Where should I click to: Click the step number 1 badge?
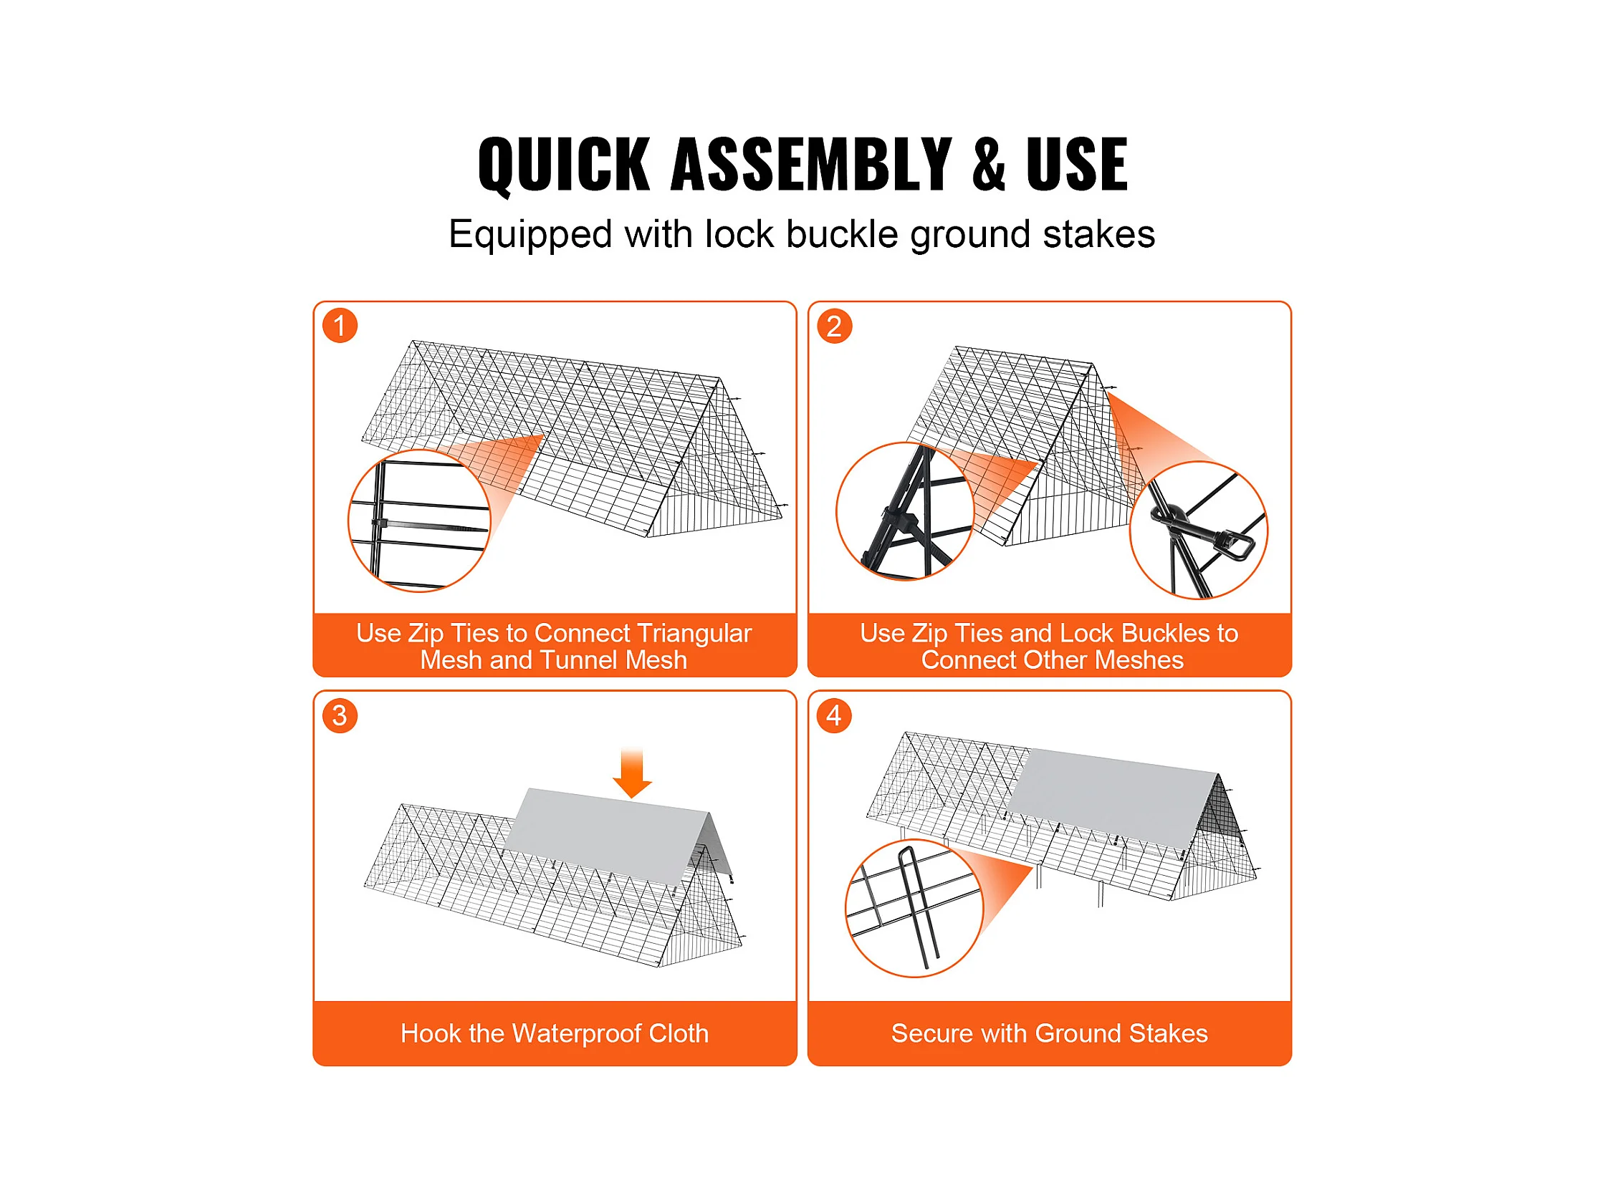pyautogui.click(x=340, y=326)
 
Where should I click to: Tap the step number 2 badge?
pyautogui.click(x=835, y=327)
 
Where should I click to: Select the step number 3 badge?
pyautogui.click(x=340, y=715)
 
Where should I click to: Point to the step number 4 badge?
pyautogui.click(x=835, y=715)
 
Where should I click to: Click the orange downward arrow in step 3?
pyautogui.click(x=632, y=773)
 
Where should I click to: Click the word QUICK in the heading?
pyautogui.click(x=564, y=165)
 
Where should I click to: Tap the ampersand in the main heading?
pyautogui.click(x=989, y=165)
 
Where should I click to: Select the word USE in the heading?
pyautogui.click(x=1077, y=165)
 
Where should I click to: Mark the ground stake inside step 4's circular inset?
pyautogui.click(x=919, y=907)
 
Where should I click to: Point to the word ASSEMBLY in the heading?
pyautogui.click(x=811, y=165)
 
